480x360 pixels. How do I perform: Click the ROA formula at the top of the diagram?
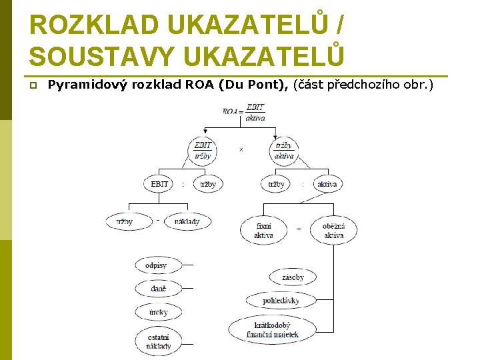(x=245, y=113)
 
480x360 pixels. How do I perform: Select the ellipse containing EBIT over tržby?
(x=203, y=151)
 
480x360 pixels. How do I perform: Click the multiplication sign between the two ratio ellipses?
(x=241, y=150)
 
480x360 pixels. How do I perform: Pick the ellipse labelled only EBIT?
(x=159, y=183)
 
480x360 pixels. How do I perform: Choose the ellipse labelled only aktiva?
(x=327, y=183)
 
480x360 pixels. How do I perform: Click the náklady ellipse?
(x=187, y=221)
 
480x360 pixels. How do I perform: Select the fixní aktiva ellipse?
(x=263, y=230)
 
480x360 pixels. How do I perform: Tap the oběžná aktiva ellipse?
(x=333, y=230)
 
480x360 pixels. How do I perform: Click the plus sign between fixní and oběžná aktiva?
(x=299, y=229)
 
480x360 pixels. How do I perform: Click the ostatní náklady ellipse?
(x=159, y=341)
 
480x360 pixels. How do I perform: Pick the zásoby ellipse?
(x=293, y=277)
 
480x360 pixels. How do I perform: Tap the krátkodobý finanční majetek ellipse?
(x=276, y=329)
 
